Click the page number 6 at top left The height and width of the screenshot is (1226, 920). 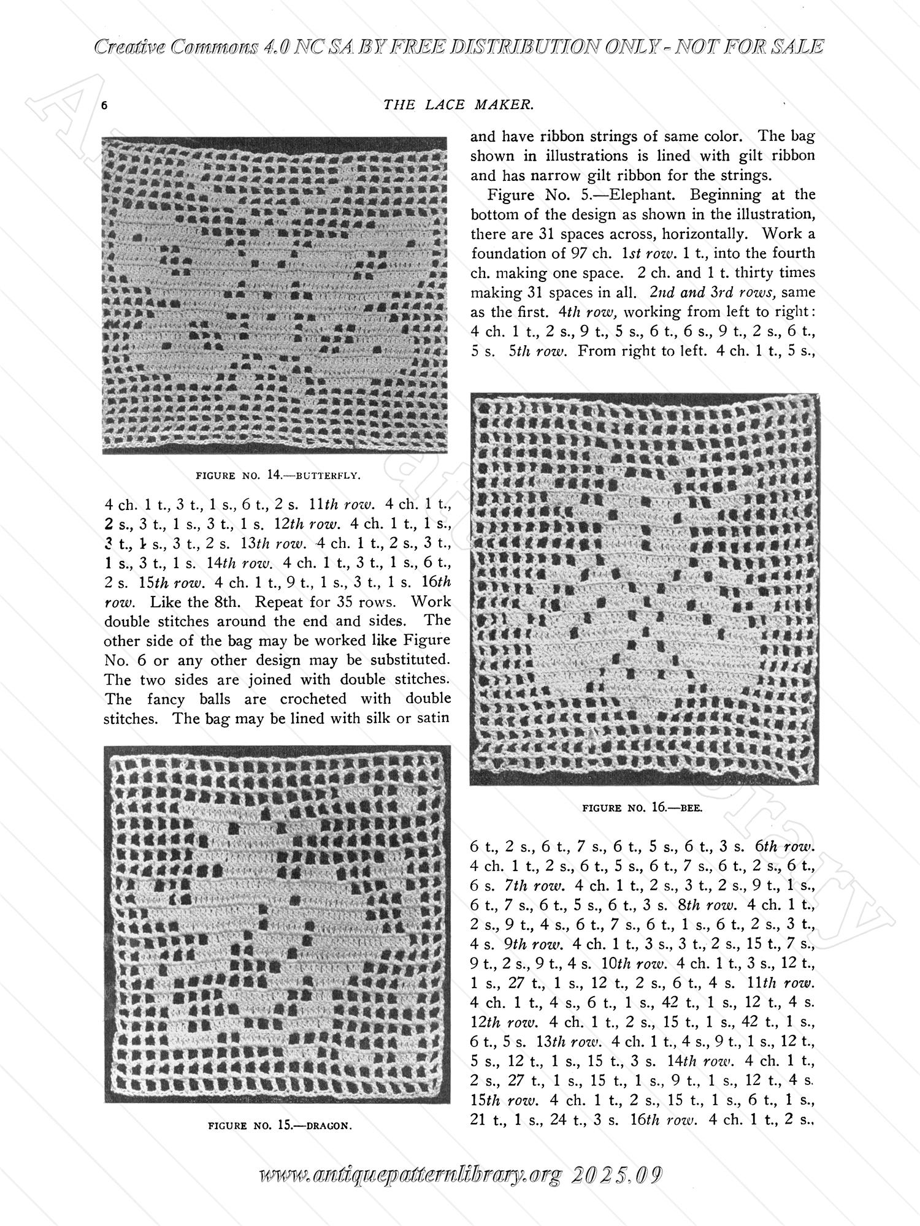pos(105,105)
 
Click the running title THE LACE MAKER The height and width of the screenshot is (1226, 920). pos(458,105)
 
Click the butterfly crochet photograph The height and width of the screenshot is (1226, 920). pos(274,295)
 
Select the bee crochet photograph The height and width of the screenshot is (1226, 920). pos(643,589)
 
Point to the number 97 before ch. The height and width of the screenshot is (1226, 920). pos(582,253)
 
